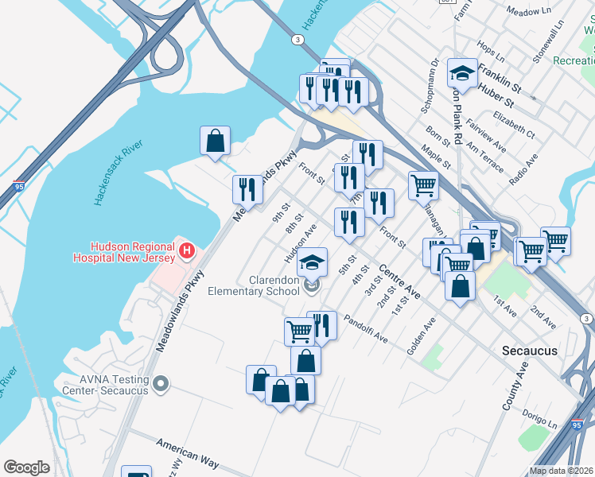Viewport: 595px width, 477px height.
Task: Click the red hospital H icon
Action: [186, 251]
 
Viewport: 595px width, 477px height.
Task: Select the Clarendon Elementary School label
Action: [253, 285]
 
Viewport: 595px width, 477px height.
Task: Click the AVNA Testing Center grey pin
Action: [161, 384]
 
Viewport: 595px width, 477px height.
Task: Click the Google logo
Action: [26, 467]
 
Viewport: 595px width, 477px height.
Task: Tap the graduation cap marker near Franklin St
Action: [461, 74]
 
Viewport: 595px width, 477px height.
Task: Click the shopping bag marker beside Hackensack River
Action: [215, 141]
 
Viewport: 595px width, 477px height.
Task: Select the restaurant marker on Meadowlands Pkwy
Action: [247, 189]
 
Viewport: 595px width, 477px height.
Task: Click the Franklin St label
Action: [500, 82]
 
